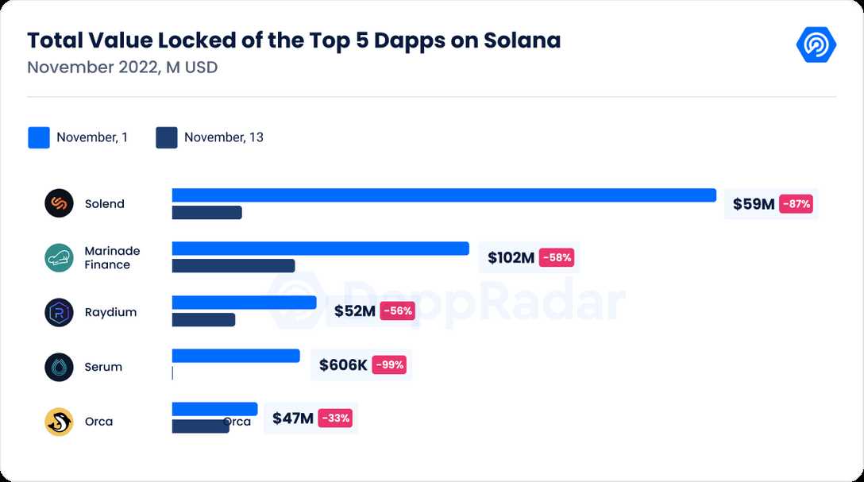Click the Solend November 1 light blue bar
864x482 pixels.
click(x=444, y=195)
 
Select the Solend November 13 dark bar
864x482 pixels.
click(x=206, y=213)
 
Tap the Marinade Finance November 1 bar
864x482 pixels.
click(x=320, y=249)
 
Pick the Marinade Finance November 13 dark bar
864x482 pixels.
click(x=233, y=266)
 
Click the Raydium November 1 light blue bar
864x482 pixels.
click(x=244, y=303)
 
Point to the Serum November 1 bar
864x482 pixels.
click(x=236, y=356)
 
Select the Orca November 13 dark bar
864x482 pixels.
click(x=200, y=426)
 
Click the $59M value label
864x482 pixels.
click(x=753, y=204)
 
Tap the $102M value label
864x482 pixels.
click(x=511, y=257)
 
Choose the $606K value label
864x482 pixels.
click(x=343, y=365)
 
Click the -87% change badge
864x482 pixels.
click(x=796, y=204)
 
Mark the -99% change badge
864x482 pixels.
click(x=389, y=365)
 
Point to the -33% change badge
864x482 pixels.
click(x=335, y=418)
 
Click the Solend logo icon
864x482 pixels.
click(x=59, y=203)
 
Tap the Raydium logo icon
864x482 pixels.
click(x=59, y=312)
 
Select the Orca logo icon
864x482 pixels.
click(x=59, y=422)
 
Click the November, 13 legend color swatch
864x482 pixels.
click(x=167, y=137)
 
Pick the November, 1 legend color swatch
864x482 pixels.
click(x=39, y=137)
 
